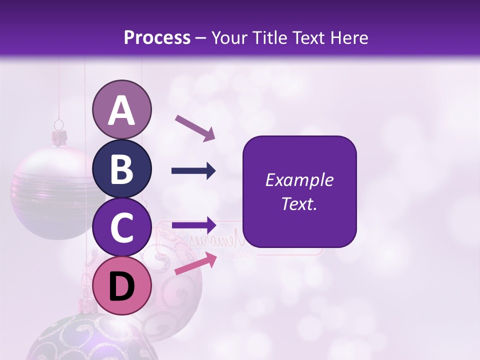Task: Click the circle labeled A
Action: (121, 110)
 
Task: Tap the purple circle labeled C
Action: (121, 227)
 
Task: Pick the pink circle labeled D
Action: (121, 286)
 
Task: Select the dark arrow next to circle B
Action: (193, 171)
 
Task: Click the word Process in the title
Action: (157, 38)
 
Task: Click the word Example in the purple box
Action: (299, 180)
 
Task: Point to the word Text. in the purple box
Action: (299, 203)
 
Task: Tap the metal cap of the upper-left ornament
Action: (60, 137)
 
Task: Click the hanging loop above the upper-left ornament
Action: (59, 124)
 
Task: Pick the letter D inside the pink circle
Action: (121, 287)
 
